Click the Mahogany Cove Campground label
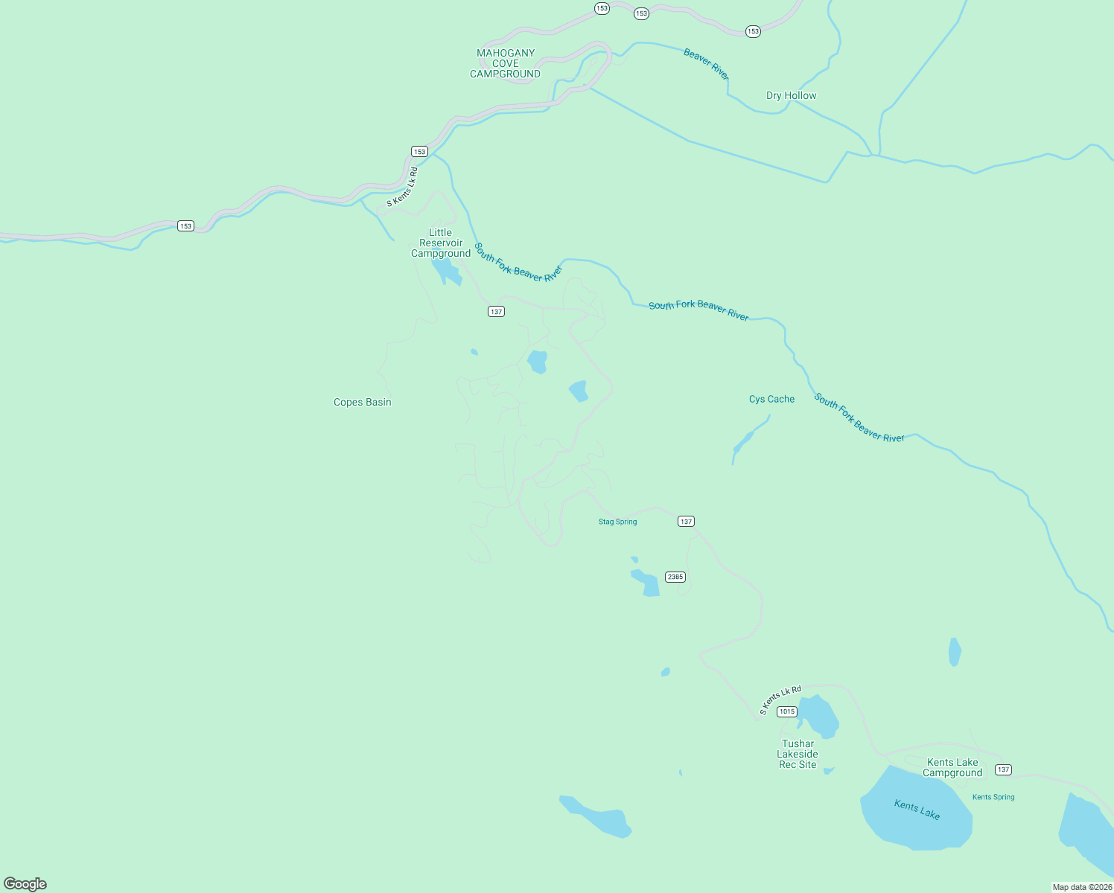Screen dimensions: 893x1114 point(506,63)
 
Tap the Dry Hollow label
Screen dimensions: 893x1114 point(791,95)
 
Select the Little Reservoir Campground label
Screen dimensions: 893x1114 point(441,243)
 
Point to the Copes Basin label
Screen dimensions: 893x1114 point(362,402)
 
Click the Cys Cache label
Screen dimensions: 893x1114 point(771,399)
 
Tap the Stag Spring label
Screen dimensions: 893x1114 point(617,522)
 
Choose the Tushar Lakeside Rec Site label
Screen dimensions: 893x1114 point(798,754)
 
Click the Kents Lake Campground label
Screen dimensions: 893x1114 point(952,767)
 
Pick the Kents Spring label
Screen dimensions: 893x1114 point(993,797)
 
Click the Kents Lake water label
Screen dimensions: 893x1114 point(917,809)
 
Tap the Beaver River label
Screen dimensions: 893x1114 point(706,64)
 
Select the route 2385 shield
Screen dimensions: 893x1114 point(675,577)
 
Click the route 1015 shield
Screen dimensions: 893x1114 point(786,711)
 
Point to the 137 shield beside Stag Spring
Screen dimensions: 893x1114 point(686,522)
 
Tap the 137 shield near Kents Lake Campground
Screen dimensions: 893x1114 point(1003,769)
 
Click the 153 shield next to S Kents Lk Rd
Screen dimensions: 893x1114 point(419,152)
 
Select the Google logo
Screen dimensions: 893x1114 point(25,884)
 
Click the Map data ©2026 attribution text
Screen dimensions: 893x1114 point(1082,887)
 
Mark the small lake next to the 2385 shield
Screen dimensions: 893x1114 point(646,583)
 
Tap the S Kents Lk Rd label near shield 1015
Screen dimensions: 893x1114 point(780,700)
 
